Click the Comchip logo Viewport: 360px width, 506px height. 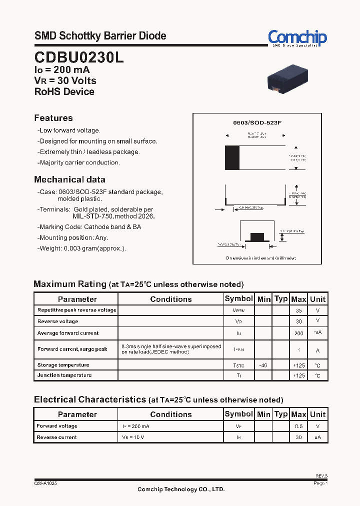coord(297,37)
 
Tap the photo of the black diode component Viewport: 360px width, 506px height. coord(287,77)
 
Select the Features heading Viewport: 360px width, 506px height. coord(53,118)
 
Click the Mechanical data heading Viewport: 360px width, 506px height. coord(69,179)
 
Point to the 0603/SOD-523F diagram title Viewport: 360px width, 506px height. coord(257,122)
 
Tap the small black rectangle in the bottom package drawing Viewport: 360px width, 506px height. coord(257,236)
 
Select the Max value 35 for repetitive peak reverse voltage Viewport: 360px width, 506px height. coord(298,310)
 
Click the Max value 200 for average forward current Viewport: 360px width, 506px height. coord(298,333)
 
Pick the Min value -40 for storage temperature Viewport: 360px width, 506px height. coord(263,365)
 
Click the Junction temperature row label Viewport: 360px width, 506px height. coord(64,375)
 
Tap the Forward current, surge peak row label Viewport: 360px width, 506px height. coord(72,349)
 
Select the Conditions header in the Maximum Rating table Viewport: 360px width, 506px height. coord(171,299)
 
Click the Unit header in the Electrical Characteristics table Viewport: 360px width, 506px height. coord(317,414)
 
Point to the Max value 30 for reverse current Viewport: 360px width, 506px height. coord(298,437)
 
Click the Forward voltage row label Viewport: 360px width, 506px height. coord(57,426)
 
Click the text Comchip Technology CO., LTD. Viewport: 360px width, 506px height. coord(181,489)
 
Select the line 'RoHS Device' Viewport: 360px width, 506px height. coord(64,91)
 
